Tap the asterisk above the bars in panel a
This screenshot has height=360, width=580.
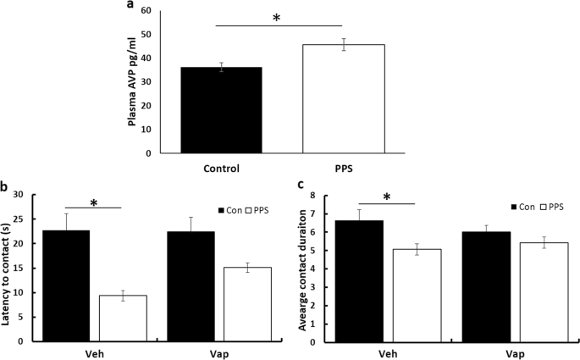point(276,17)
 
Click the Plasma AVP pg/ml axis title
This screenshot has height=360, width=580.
point(133,82)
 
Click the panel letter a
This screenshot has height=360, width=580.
point(130,6)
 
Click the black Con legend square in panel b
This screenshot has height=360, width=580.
point(223,209)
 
